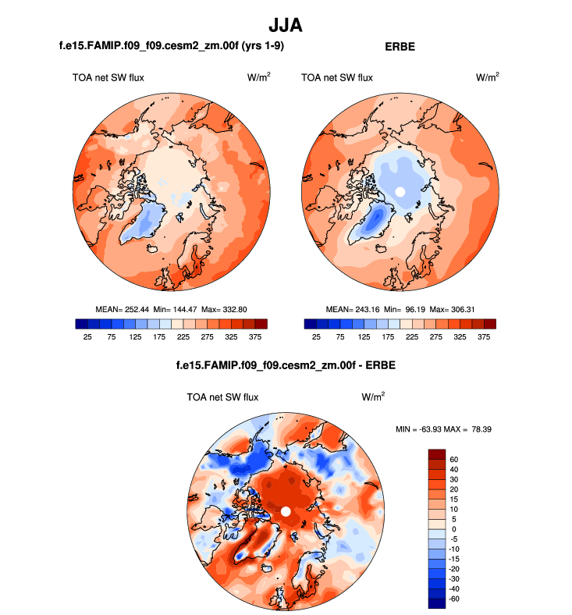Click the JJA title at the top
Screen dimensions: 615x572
pyautogui.click(x=286, y=25)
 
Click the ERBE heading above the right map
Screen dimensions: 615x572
pyautogui.click(x=400, y=47)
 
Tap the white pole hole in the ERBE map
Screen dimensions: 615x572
pyautogui.click(x=400, y=191)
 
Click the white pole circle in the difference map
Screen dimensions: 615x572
pyautogui.click(x=286, y=511)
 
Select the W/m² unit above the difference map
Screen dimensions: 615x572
pyautogui.click(x=374, y=397)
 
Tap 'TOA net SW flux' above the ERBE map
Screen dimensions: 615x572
pyautogui.click(x=337, y=77)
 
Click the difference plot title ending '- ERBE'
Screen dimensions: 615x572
pyautogui.click(x=286, y=366)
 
